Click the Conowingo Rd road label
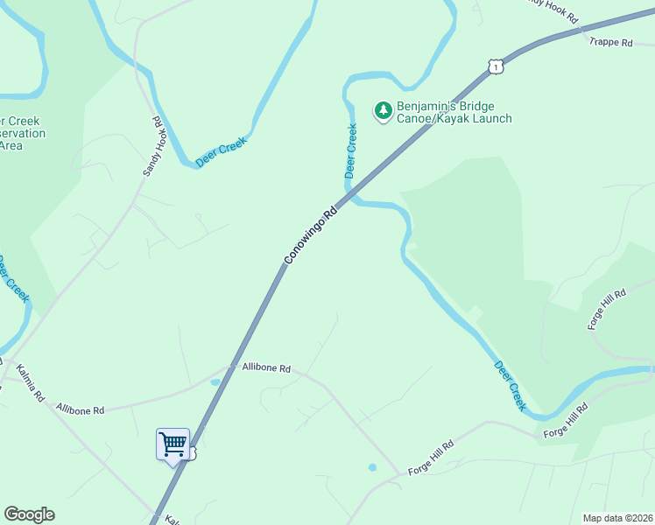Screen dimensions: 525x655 pyautogui.click(x=311, y=235)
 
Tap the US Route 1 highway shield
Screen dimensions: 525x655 pyautogui.click(x=497, y=66)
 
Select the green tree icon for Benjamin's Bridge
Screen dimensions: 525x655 pyautogui.click(x=383, y=111)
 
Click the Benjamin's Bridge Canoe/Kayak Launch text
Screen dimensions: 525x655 pyautogui.click(x=454, y=112)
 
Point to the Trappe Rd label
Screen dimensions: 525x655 pyautogui.click(x=610, y=42)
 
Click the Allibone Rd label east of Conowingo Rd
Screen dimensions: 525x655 pyautogui.click(x=265, y=368)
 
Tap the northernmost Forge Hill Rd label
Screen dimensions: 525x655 pyautogui.click(x=608, y=309)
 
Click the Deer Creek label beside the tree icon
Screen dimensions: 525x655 pyautogui.click(x=351, y=150)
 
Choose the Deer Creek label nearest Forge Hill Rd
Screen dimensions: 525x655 pyautogui.click(x=510, y=386)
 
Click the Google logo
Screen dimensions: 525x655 pyautogui.click(x=29, y=514)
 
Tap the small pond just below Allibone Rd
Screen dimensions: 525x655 pyautogui.click(x=215, y=382)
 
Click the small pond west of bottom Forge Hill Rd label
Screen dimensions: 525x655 pyautogui.click(x=372, y=467)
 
